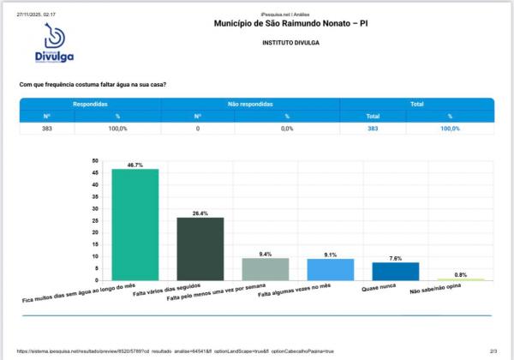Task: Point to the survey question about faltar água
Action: pos(93,84)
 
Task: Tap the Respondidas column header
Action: pos(90,104)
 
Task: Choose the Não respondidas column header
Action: pos(243,104)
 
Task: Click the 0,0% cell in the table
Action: pos(288,128)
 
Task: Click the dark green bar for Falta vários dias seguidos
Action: pos(200,249)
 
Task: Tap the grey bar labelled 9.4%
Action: pos(265,269)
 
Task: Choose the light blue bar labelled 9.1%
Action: pos(330,269)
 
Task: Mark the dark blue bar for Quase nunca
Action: pos(395,271)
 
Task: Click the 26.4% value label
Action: pos(200,213)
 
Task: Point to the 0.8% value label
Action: pos(460,274)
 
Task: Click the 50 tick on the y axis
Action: pos(96,160)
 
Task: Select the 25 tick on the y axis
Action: pos(96,220)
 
